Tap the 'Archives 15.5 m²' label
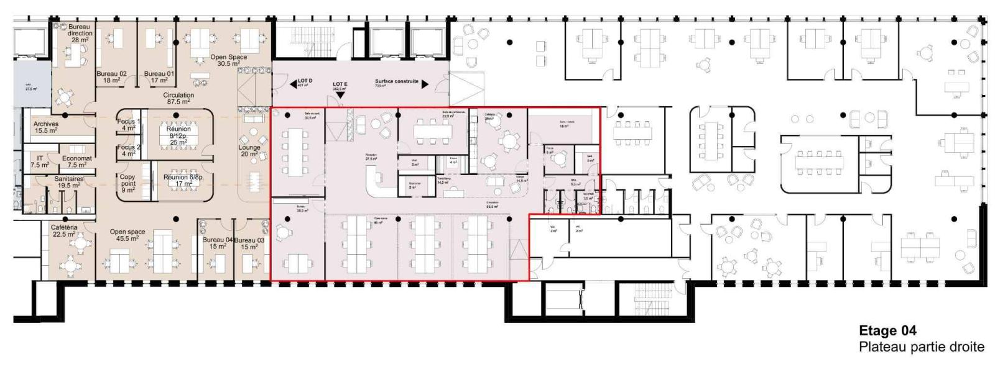click(45, 127)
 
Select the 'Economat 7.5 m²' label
click(76, 161)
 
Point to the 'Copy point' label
click(127, 183)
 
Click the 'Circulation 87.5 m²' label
click(178, 98)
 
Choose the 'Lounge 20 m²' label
click(249, 151)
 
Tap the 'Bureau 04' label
click(217, 243)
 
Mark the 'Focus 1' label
click(129, 125)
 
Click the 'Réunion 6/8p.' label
click(183, 180)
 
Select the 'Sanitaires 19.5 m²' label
click(68, 182)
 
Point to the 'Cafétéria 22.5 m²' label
click(63, 230)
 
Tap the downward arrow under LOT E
click(340, 95)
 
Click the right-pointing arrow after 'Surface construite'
click(425, 84)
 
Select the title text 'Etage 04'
click(887, 330)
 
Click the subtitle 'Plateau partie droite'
click(922, 347)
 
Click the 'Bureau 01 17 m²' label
click(159, 76)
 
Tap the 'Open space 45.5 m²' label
click(127, 235)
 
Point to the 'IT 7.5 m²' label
click(40, 161)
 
